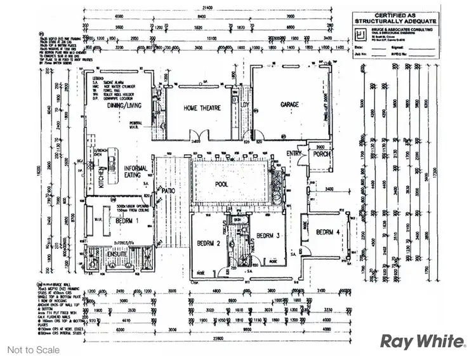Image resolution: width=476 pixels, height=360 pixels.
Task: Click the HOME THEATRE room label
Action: click(202, 109)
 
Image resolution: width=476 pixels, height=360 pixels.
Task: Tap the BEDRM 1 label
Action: click(128, 220)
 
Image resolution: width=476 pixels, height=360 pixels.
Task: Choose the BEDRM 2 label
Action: click(208, 243)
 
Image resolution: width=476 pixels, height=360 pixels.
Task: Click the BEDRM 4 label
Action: click(328, 232)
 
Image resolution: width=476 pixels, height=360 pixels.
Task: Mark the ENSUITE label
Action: click(117, 254)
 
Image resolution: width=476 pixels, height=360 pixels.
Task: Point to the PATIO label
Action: click(168, 190)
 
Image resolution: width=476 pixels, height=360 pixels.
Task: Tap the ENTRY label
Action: click(294, 154)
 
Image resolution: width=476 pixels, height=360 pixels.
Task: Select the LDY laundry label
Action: click(245, 106)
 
